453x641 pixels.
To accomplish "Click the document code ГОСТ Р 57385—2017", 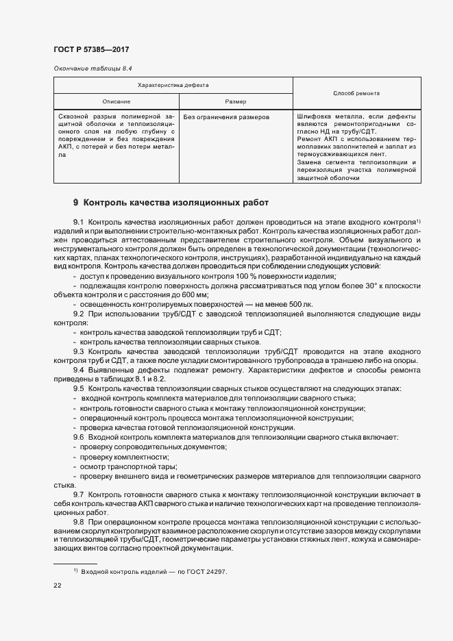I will [x=90, y=50].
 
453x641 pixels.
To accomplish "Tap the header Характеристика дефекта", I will [x=173, y=85].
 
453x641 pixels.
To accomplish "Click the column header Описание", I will [x=116, y=101].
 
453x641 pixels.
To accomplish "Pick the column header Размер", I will [x=235, y=101].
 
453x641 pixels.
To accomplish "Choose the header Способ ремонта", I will [x=356, y=92].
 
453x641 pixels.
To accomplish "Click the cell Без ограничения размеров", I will [x=221, y=117].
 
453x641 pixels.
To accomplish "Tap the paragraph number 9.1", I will [x=78, y=223].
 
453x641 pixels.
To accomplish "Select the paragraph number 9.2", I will [x=78, y=313].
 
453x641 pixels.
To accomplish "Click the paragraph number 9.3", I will [x=78, y=351].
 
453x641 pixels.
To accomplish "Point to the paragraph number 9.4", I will [x=78, y=370].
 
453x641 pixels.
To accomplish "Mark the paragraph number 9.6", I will [x=78, y=437].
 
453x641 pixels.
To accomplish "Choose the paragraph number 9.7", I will [x=78, y=494].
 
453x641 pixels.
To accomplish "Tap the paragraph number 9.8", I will [x=78, y=522].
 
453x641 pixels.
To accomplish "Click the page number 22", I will [x=57, y=586].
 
